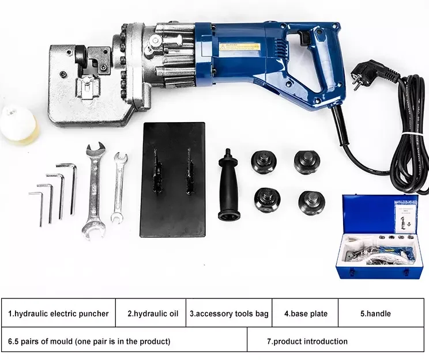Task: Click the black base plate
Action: [x=173, y=179]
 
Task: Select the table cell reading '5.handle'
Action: [x=375, y=314]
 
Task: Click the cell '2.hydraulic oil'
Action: [x=150, y=314]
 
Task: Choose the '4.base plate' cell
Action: [x=305, y=314]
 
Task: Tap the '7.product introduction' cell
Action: [x=307, y=341]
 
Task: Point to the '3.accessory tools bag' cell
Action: [x=229, y=314]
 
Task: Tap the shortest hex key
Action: [x=40, y=209]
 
